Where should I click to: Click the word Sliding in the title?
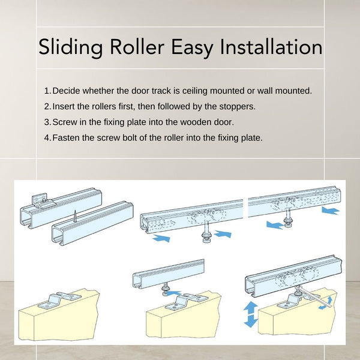[70, 47]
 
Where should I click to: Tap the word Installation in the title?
[271, 46]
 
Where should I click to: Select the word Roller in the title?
[137, 46]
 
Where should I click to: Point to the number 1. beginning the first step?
[47, 91]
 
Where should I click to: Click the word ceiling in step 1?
[195, 91]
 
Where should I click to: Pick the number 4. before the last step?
[47, 138]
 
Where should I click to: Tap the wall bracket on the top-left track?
[43, 202]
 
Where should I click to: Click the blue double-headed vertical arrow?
[251, 314]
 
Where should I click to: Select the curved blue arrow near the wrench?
[326, 304]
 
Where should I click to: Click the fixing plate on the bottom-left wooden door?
[59, 300]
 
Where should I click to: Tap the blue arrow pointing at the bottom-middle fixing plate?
[174, 293]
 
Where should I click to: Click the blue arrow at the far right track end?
[331, 211]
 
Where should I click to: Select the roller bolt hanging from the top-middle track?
[206, 232]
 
